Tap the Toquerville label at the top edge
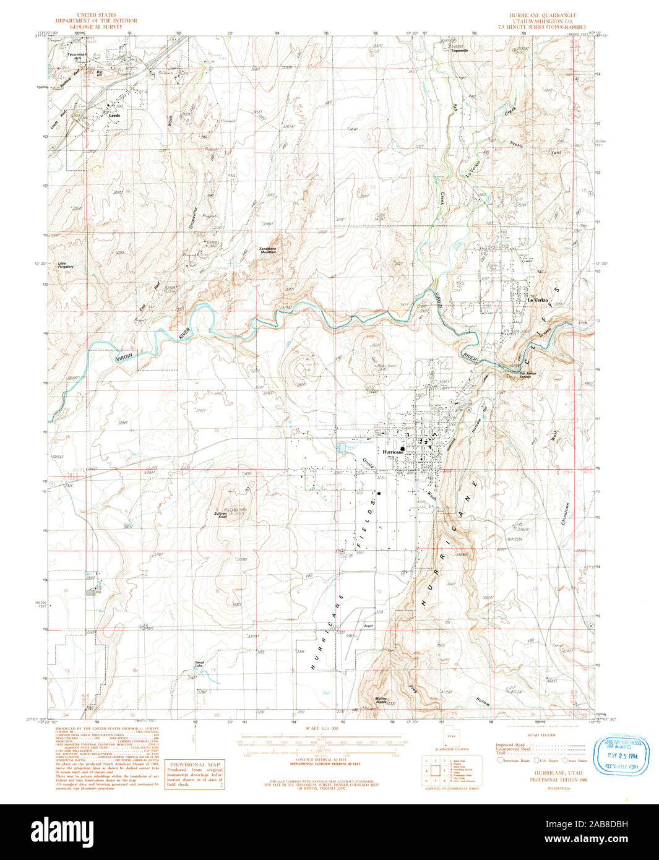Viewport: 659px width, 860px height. pyautogui.click(x=459, y=51)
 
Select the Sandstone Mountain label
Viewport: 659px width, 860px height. pyautogui.click(x=268, y=250)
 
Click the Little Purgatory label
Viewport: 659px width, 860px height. pyautogui.click(x=66, y=265)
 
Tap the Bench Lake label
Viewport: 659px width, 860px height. pyautogui.click(x=199, y=664)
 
